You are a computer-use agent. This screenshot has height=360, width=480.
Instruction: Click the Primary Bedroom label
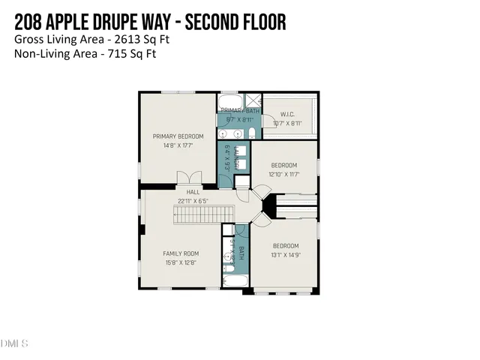[178, 136]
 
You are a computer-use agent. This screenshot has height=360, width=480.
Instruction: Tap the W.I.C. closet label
[287, 115]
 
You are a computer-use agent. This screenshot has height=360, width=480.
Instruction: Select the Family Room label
[181, 253]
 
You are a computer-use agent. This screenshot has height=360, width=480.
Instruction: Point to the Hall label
[193, 193]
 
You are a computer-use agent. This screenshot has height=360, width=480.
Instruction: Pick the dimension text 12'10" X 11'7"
[284, 174]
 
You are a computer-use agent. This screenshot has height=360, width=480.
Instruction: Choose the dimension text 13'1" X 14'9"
[286, 255]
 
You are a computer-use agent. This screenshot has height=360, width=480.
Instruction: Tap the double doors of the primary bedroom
[189, 178]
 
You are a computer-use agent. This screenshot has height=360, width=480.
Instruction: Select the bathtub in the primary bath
[229, 101]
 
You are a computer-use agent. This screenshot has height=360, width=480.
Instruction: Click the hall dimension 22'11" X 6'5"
[193, 201]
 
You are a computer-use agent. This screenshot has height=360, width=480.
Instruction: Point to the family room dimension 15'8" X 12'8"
[181, 262]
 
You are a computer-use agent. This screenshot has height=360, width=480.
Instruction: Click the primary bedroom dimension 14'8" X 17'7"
[178, 145]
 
